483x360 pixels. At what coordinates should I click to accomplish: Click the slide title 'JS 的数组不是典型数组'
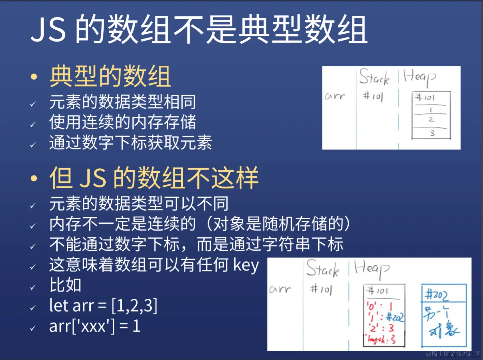pyautogui.click(x=199, y=29)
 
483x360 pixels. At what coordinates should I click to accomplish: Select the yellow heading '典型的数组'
pyautogui.click(x=110, y=76)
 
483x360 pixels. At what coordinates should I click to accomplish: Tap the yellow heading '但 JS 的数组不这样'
pyautogui.click(x=154, y=177)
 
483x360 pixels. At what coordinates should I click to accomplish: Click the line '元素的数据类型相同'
pyautogui.click(x=122, y=102)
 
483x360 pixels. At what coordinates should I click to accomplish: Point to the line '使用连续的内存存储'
pyautogui.click(x=122, y=122)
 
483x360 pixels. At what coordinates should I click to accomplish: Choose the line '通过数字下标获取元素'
pyautogui.click(x=131, y=142)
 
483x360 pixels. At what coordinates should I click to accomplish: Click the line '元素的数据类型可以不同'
pyautogui.click(x=139, y=204)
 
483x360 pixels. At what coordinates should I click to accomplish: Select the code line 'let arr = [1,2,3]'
pyautogui.click(x=103, y=306)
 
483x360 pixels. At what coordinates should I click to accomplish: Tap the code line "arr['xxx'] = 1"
pyautogui.click(x=95, y=326)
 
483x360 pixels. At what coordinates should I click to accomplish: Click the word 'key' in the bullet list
pyautogui.click(x=246, y=265)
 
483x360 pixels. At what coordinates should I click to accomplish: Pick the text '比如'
pyautogui.click(x=65, y=285)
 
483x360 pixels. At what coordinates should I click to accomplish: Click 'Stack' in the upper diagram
pyautogui.click(x=374, y=77)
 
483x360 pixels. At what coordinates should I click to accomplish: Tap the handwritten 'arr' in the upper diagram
pyautogui.click(x=335, y=96)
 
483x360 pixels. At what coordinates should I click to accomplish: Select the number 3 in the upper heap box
pyautogui.click(x=432, y=133)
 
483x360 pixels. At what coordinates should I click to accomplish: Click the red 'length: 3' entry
pyautogui.click(x=381, y=339)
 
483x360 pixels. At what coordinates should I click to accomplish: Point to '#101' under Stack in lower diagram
pyautogui.click(x=321, y=289)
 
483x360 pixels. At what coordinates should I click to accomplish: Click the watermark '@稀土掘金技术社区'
pyautogui.click(x=453, y=354)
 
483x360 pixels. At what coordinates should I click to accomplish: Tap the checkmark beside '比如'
pyautogui.click(x=33, y=287)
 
